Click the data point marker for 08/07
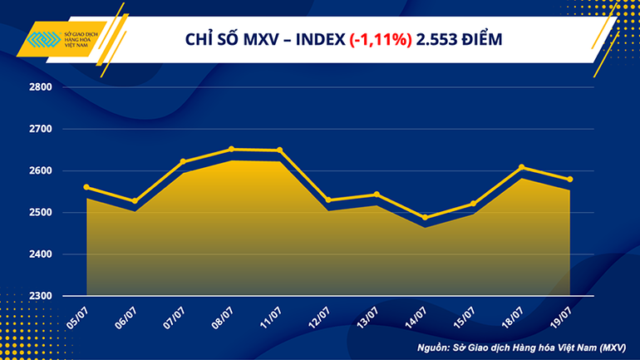point(231,150)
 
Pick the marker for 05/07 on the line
point(86,187)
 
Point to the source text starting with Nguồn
point(528,345)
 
